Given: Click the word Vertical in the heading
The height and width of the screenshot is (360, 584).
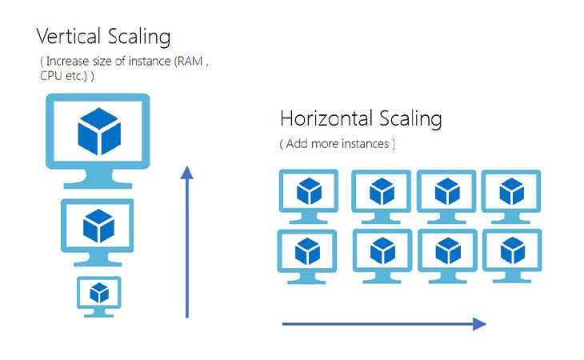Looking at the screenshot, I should tap(66, 36).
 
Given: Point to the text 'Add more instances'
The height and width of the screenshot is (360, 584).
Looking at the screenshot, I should tap(337, 144).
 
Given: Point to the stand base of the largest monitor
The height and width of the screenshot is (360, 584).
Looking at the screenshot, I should tap(98, 184).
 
